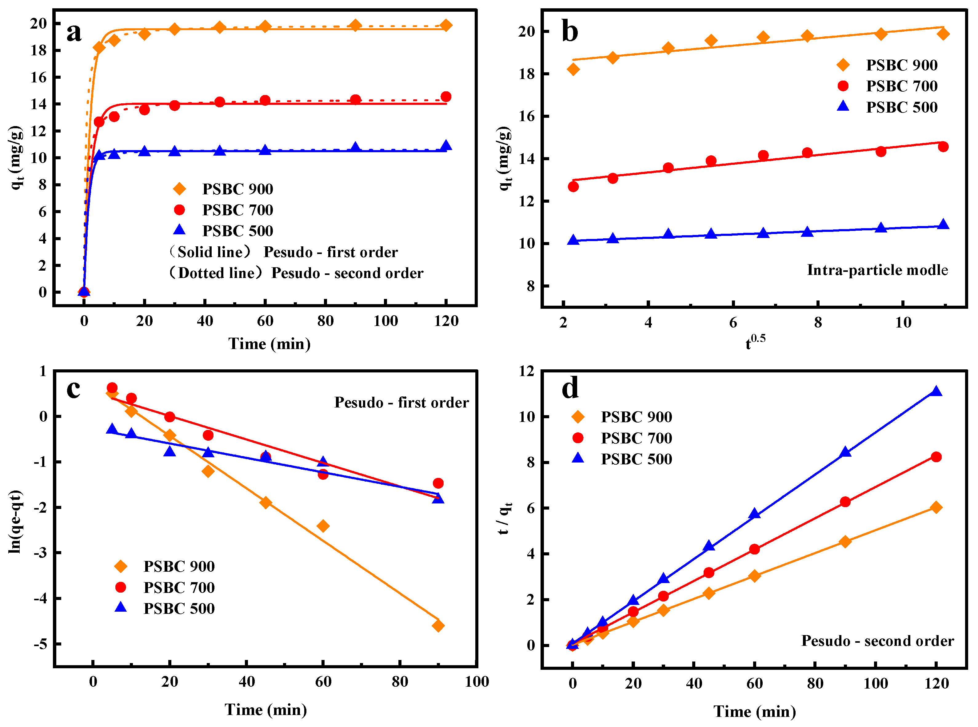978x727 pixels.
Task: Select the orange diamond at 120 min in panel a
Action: pyautogui.click(x=446, y=26)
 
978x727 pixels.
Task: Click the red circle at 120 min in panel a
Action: pyautogui.click(x=446, y=97)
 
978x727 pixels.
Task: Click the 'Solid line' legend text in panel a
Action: pyautogui.click(x=210, y=252)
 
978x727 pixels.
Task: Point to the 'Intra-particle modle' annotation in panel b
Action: pyautogui.click(x=877, y=270)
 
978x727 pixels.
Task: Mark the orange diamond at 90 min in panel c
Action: pyautogui.click(x=438, y=626)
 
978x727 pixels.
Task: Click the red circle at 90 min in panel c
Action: pyautogui.click(x=438, y=483)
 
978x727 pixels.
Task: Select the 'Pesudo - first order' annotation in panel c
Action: pyautogui.click(x=401, y=402)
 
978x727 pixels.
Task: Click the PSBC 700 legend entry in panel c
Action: pyautogui.click(x=179, y=587)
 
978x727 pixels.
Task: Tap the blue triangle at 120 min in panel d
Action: pyautogui.click(x=936, y=391)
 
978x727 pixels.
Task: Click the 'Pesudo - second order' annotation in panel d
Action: pyautogui.click(x=877, y=641)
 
